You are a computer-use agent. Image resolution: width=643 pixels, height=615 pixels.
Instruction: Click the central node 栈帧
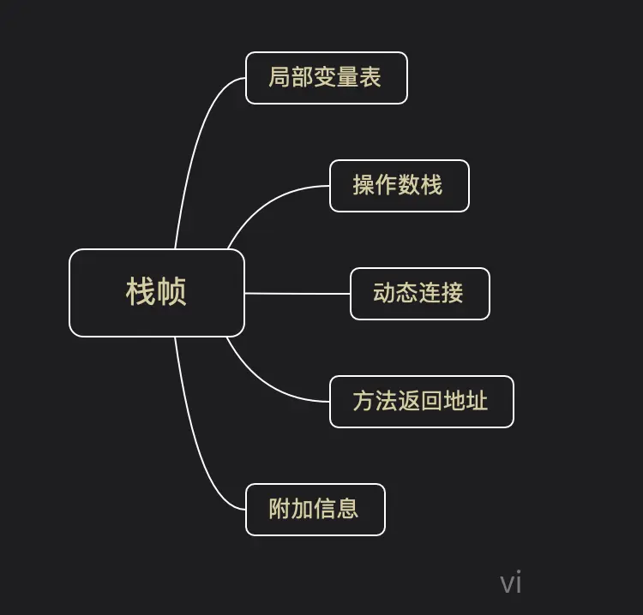[157, 293]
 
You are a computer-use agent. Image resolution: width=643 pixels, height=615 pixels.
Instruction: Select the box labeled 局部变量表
[326, 78]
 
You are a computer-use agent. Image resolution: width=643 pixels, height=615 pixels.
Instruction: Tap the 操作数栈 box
[400, 186]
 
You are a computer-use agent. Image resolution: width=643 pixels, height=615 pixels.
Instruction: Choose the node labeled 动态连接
[419, 294]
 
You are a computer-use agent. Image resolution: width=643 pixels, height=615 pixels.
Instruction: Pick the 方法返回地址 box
[421, 402]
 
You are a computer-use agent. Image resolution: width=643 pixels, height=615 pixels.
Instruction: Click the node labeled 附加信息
[315, 510]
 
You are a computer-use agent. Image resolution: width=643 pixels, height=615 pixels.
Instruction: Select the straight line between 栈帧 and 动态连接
[297, 293]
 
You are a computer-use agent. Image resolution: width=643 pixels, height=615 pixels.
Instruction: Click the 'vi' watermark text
[511, 583]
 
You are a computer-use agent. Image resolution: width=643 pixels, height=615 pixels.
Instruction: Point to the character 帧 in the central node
[172, 292]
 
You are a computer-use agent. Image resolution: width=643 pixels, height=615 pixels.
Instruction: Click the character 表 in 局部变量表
[370, 78]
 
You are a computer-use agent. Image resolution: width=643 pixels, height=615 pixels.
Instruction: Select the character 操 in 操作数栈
[364, 185]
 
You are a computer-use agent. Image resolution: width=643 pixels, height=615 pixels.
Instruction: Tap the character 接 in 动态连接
[453, 293]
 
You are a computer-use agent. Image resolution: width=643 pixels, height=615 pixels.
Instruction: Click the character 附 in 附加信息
[279, 509]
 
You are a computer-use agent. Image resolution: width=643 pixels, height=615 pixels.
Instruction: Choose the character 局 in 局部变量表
[279, 78]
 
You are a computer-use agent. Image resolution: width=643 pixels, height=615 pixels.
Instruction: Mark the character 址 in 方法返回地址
[477, 401]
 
